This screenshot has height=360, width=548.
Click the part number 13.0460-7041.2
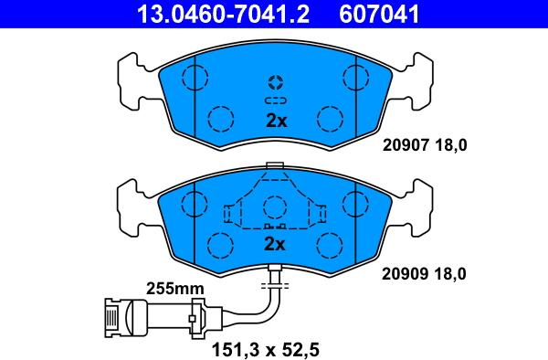(x=223, y=14)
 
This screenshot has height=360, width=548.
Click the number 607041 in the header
(x=379, y=14)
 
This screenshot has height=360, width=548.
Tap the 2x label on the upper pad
(x=276, y=121)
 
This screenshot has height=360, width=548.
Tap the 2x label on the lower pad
(x=275, y=244)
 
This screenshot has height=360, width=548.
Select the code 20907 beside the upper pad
(x=406, y=145)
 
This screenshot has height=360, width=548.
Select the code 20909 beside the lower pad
(x=405, y=274)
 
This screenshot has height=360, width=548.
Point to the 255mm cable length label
(x=175, y=289)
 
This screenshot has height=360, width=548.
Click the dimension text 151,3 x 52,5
(x=266, y=349)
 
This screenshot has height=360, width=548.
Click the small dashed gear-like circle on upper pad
(x=276, y=82)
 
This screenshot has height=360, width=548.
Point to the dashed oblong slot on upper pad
(x=276, y=101)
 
